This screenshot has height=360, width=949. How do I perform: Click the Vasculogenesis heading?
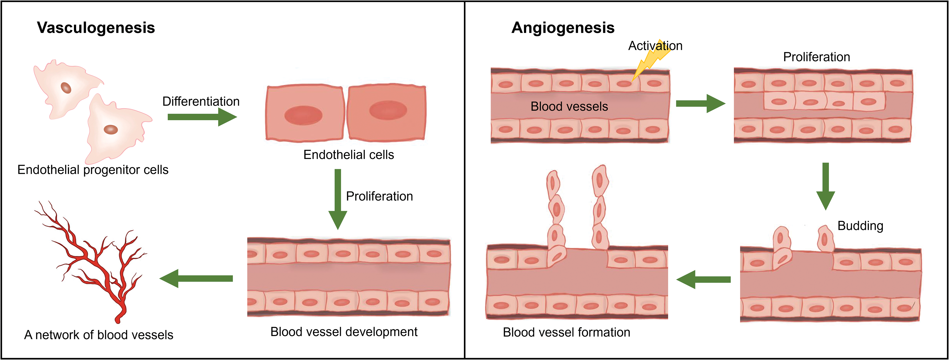click(96, 28)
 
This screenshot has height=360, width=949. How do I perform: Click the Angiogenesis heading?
click(563, 28)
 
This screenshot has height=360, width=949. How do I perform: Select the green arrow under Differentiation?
click(202, 117)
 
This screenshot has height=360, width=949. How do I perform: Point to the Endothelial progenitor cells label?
click(93, 170)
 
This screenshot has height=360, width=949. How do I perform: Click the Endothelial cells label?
click(349, 155)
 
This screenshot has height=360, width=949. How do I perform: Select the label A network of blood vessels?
click(99, 335)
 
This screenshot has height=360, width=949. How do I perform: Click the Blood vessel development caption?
click(344, 332)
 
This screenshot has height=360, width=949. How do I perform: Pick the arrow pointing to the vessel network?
click(196, 279)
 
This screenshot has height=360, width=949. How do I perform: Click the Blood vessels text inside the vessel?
click(569, 106)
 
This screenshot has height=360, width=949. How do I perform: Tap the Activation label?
click(655, 46)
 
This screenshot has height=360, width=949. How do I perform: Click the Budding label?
click(860, 226)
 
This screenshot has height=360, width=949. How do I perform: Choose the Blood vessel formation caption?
click(566, 332)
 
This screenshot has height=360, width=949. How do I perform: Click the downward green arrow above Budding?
click(826, 186)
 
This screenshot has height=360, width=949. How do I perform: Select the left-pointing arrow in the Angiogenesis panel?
click(704, 280)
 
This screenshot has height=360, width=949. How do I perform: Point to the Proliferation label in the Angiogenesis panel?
click(816, 57)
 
